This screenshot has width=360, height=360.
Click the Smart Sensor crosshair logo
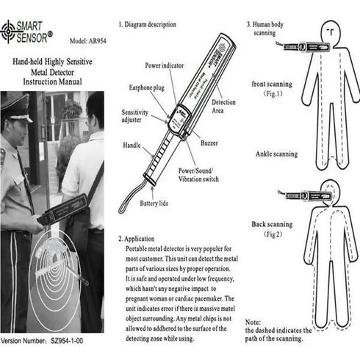[10, 31]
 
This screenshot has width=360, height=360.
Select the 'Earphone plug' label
[148, 88]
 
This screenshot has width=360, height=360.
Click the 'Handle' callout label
[132, 145]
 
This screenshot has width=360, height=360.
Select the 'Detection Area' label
[223, 106]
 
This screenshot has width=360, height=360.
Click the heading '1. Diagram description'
[151, 24]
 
